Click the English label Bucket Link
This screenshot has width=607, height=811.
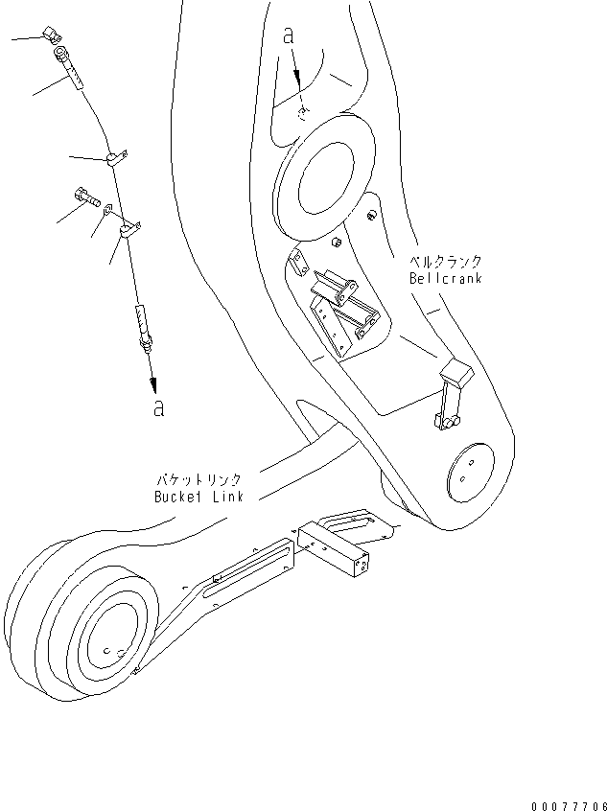tap(199, 497)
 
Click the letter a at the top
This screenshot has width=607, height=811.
tap(289, 35)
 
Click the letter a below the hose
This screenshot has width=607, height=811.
tap(158, 406)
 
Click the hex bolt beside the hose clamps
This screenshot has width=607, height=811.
tap(84, 197)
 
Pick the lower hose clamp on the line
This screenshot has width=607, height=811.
tap(128, 230)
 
